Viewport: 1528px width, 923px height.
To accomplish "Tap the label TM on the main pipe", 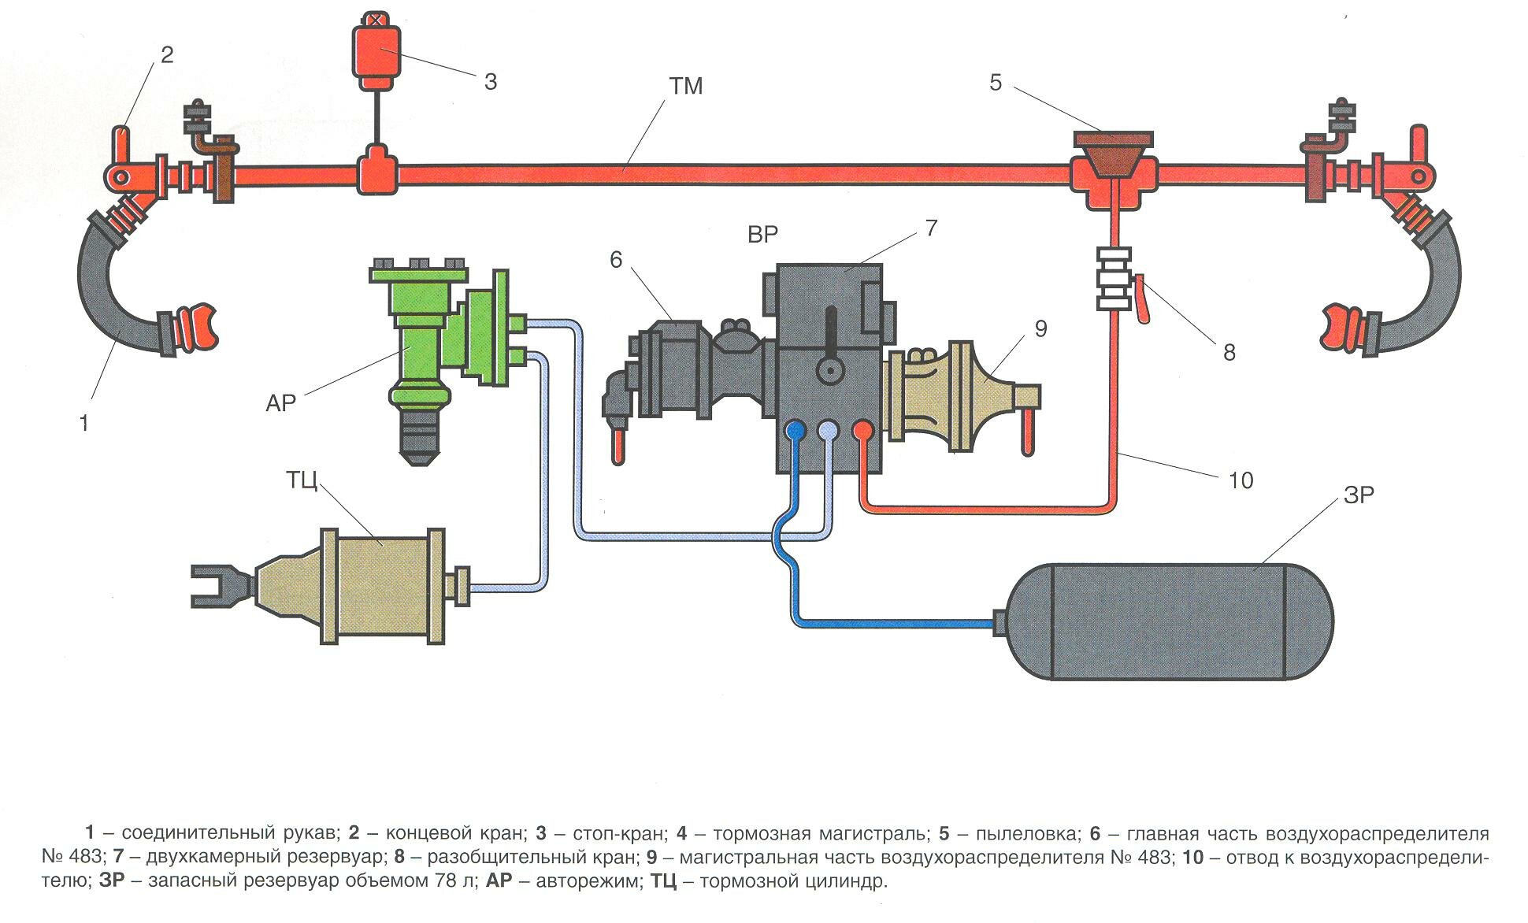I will [686, 86].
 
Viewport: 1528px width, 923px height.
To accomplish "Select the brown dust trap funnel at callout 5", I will [1111, 154].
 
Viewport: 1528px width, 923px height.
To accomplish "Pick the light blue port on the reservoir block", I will [828, 429].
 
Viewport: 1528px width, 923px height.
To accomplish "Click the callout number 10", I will [1241, 480].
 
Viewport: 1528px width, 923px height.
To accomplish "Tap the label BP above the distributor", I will [762, 234].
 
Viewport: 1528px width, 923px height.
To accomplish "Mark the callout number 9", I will [1040, 329].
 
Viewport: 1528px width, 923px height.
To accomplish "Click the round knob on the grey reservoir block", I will [829, 370].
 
